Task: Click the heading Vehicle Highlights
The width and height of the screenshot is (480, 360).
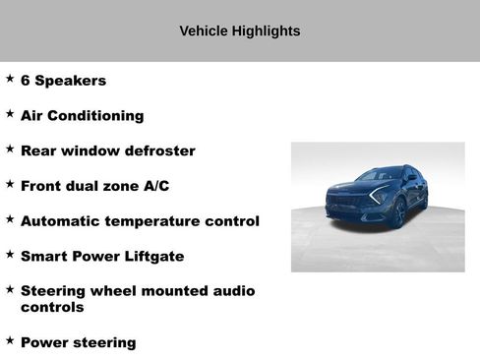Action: coord(240,30)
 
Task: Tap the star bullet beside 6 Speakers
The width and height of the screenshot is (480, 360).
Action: coord(10,79)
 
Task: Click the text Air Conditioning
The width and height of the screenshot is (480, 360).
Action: coord(82,116)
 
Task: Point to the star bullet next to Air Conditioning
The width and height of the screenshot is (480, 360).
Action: coord(10,114)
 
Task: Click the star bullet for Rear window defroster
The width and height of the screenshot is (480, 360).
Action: coord(10,150)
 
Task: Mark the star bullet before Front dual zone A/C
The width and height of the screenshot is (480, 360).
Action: coord(10,184)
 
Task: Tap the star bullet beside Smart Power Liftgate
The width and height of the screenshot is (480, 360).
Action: coord(10,255)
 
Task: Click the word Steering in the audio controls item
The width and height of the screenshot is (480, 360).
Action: coord(54,291)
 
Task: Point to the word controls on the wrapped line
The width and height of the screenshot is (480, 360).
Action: coord(52,308)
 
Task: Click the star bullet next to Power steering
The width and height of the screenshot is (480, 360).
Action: coord(10,340)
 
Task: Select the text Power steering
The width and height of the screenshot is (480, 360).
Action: coord(78,343)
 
